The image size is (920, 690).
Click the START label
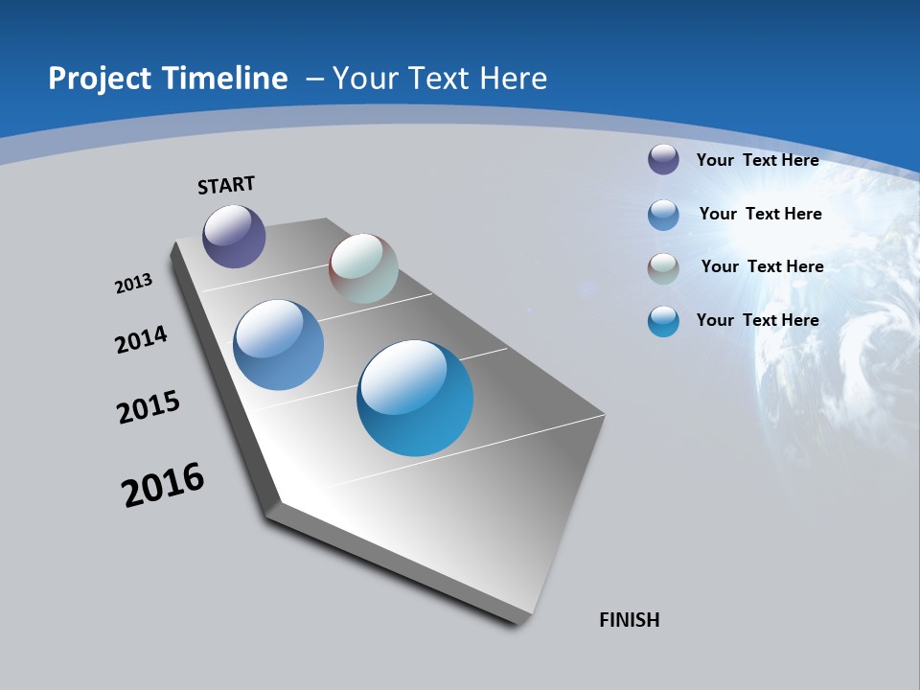tap(226, 185)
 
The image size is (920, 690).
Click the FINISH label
tap(629, 620)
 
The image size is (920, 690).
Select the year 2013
tap(133, 284)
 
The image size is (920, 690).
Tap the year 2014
tap(141, 339)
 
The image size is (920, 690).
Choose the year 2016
tap(163, 486)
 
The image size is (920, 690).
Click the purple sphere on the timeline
tap(234, 236)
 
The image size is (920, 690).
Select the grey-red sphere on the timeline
tap(363, 268)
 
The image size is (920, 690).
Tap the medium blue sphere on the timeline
tap(278, 345)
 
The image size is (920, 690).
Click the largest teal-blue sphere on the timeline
tap(415, 398)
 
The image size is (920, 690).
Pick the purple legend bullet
tap(663, 160)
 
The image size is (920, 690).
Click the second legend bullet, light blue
tap(663, 215)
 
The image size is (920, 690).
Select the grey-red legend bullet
tap(663, 268)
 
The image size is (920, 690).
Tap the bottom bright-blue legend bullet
tap(663, 321)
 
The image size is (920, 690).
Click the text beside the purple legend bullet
tap(757, 160)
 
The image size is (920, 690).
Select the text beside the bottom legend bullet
tap(757, 320)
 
